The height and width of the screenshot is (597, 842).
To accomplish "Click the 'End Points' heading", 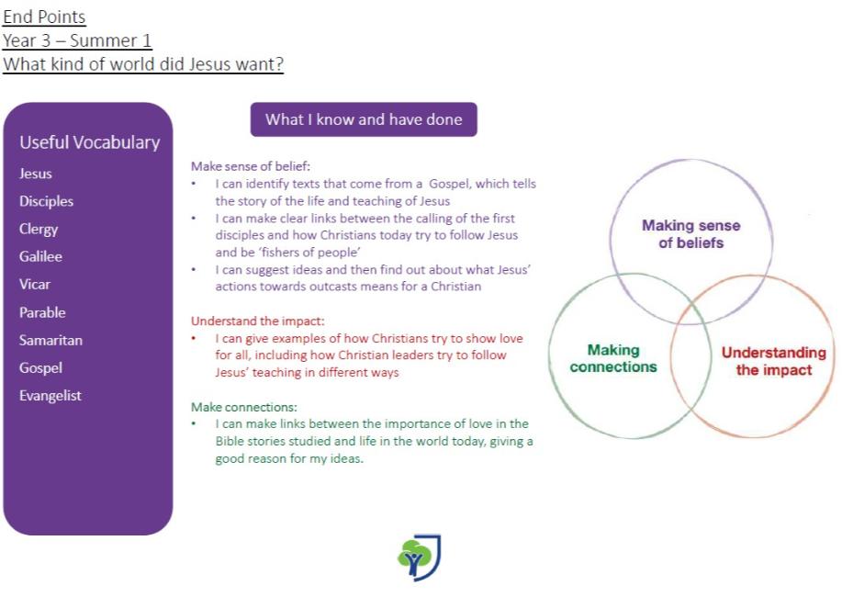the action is coord(44,17).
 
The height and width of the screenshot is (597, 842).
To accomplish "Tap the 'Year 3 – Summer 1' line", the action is coord(77,40).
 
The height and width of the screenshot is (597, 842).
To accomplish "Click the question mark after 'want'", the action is coord(279,64).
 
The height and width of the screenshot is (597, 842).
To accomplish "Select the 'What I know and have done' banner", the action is coord(364,119).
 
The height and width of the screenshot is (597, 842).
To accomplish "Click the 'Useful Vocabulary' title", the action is coord(90,142).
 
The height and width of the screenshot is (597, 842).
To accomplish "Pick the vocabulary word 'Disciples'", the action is coord(46,201).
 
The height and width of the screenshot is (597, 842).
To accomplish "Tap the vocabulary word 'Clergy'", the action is coord(39,230).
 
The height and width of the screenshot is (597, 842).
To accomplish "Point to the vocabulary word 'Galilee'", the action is coord(40,256).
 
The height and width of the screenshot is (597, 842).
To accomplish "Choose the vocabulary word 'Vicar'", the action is coord(34,284).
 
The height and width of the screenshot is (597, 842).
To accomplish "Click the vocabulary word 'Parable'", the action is coord(42,312).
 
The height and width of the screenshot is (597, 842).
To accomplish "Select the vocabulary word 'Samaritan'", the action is coord(51,340).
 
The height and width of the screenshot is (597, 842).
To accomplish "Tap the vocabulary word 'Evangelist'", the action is coord(50,396).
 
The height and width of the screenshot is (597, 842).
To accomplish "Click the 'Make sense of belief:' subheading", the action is coord(251,166).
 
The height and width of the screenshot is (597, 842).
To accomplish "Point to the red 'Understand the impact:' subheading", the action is coord(258,321).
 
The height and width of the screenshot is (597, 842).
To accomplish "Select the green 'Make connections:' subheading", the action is coord(244,407).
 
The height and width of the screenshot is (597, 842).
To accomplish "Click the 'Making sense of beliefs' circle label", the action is coord(691,234).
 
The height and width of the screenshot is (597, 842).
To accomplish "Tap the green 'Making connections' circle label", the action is coord(613,358).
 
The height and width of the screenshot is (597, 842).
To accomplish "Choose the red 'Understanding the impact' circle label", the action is coord(774,361).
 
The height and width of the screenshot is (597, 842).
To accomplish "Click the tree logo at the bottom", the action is coord(419,558).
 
